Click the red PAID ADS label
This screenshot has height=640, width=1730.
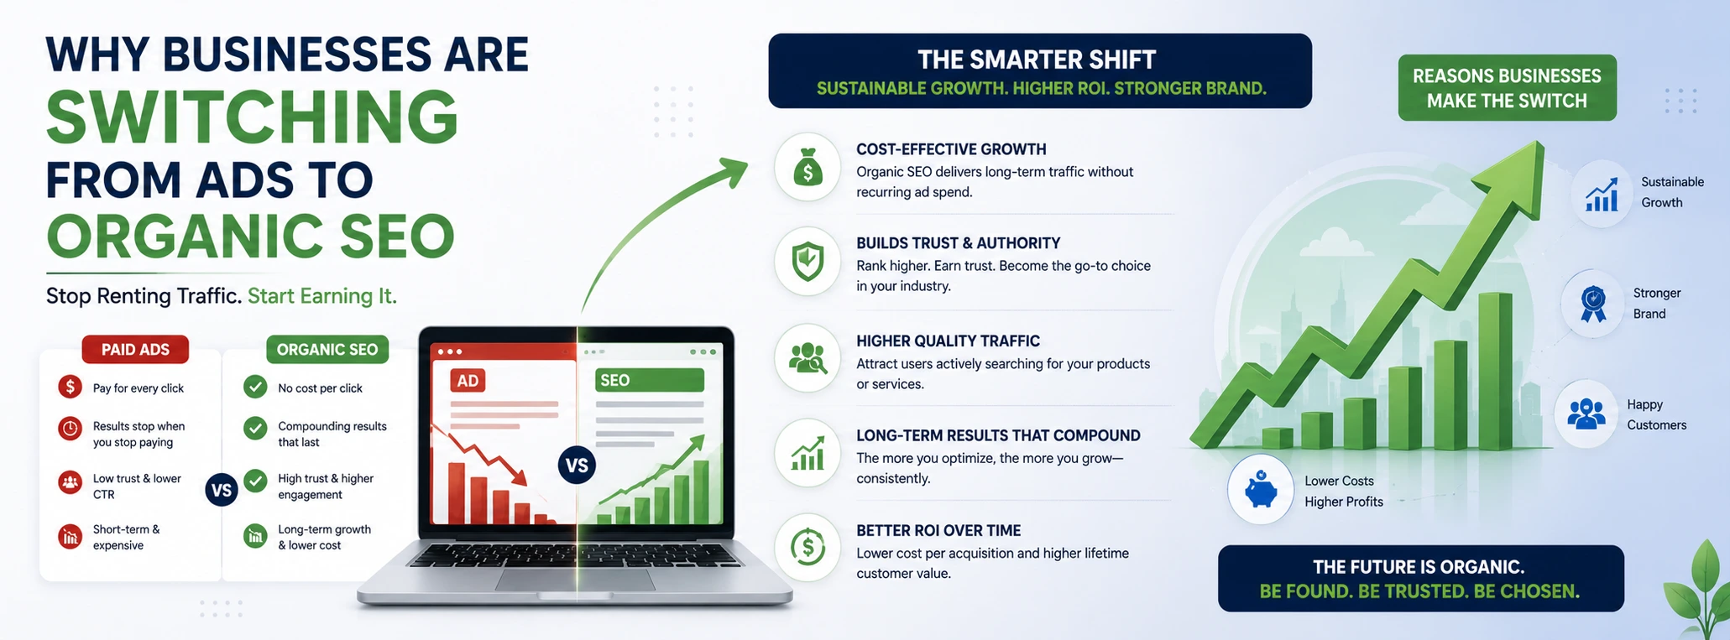coord(135,350)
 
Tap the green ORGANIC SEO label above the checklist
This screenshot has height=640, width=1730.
coord(327,350)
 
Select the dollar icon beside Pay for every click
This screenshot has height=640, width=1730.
coord(71,387)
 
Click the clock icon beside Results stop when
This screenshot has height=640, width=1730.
coord(71,429)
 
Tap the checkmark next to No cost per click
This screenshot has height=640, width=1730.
coord(255,387)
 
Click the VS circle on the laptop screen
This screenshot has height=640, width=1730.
coord(577,466)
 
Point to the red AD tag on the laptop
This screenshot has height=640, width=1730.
coord(468,381)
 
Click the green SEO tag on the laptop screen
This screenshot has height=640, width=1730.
coord(649,380)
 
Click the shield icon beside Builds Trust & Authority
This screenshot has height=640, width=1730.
coord(808,262)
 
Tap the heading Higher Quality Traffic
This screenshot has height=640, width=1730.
coord(948,341)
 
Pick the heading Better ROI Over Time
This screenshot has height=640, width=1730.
coord(938,531)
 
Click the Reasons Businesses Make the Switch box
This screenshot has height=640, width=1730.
coord(1507,88)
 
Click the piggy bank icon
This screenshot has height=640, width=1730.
coord(1261,490)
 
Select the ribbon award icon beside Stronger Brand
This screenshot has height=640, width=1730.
coord(1593,304)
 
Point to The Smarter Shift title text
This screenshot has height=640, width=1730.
coord(1037,60)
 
